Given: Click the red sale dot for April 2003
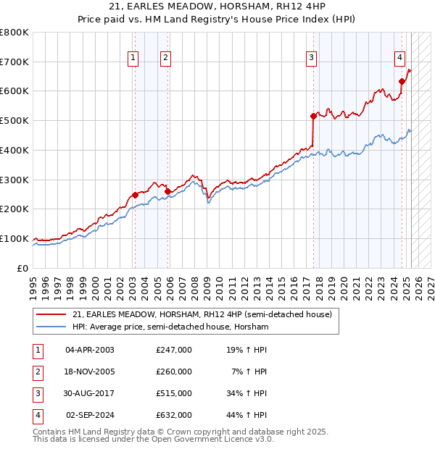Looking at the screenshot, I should tap(135, 195).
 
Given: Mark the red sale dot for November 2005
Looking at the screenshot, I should tap(167, 191).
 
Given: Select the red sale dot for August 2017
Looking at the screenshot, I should tap(313, 116).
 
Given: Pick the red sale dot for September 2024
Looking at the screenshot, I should tap(401, 81).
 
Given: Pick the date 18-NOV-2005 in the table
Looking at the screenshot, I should tap(90, 372).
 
